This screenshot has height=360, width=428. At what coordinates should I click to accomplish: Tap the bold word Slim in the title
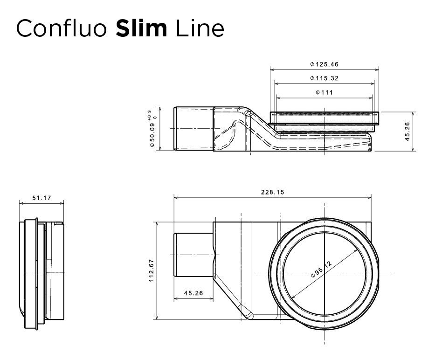(x=141, y=28)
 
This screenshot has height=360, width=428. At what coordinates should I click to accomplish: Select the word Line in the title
(x=200, y=28)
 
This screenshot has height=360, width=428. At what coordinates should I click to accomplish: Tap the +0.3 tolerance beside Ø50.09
(x=149, y=114)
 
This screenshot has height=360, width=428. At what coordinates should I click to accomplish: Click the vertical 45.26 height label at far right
(x=407, y=132)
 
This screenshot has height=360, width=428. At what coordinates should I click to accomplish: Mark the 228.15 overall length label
(x=272, y=192)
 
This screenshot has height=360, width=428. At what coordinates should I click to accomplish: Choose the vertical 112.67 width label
(x=151, y=270)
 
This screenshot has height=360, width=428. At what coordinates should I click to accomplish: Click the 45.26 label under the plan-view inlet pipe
(x=193, y=293)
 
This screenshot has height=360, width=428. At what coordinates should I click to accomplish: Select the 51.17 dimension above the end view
(x=41, y=198)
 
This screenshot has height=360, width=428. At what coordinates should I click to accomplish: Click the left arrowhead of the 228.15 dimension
(x=176, y=197)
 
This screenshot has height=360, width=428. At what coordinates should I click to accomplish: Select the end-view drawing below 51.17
(x=41, y=274)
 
